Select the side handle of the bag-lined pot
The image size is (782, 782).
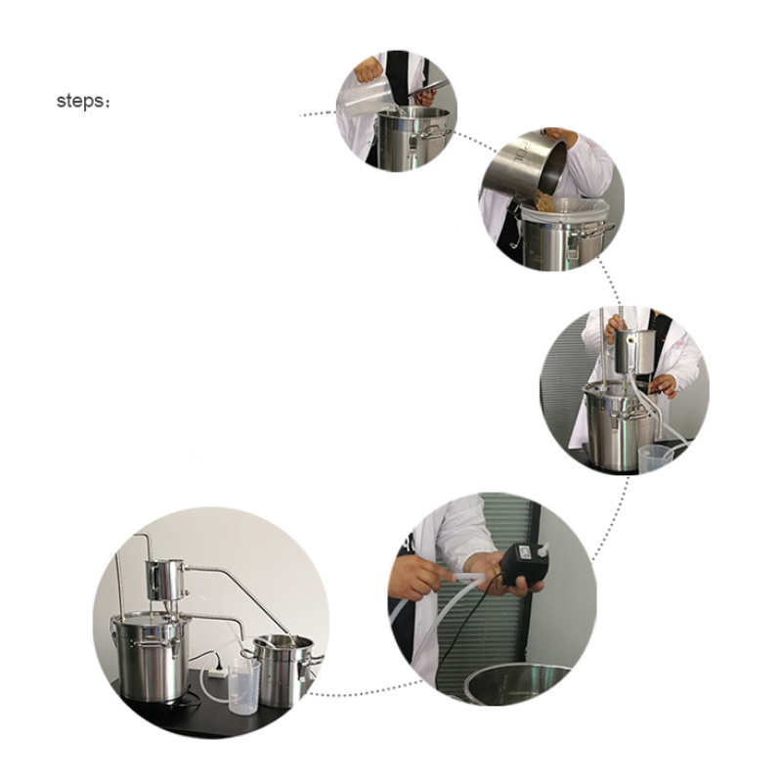click(595, 231)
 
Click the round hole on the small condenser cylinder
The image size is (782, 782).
click(631, 339)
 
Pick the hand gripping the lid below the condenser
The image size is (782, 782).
click(663, 384)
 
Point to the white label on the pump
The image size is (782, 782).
click(525, 551)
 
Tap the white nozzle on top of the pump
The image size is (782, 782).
click(543, 549)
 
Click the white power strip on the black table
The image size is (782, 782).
click(218, 673)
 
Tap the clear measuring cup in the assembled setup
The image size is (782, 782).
click(243, 687)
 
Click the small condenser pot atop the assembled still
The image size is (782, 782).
click(165, 580)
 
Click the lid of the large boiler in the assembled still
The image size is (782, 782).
click(151, 619)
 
